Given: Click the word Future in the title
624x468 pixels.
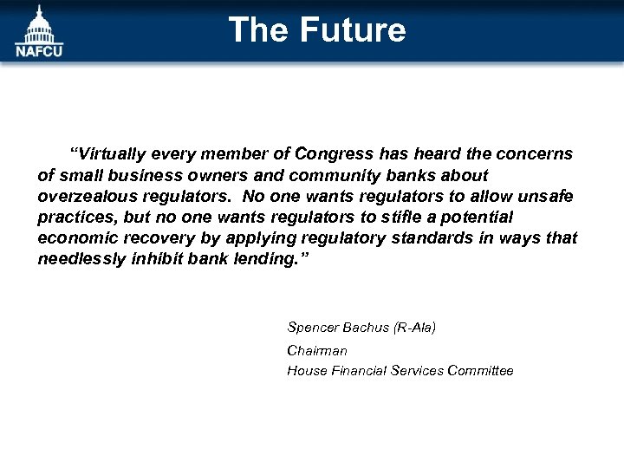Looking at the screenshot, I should point(353,30).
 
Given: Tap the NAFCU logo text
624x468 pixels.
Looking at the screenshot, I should point(38,50).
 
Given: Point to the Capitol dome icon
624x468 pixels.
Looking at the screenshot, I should point(38,23).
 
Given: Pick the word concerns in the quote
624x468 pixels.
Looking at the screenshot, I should point(535,154).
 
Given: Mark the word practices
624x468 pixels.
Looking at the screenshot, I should point(71,217).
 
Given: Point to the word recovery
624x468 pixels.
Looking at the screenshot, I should point(150,237).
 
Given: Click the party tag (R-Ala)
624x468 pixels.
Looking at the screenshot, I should point(414,328).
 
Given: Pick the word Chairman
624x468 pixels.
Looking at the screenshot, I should point(317,351).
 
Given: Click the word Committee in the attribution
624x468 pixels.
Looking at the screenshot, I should point(480,371).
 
